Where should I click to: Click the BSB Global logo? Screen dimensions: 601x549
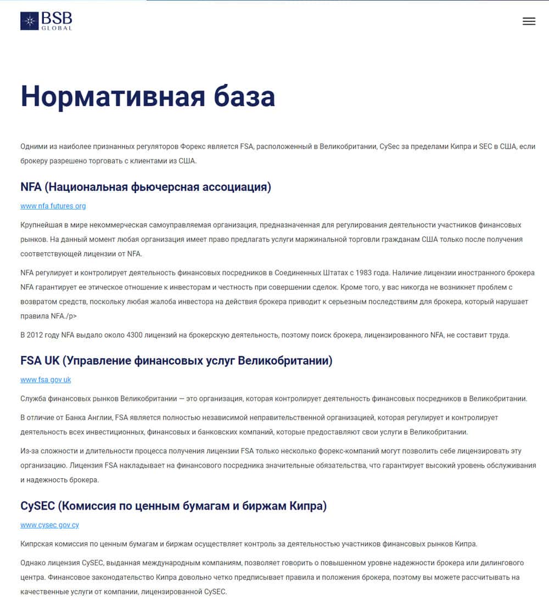46,21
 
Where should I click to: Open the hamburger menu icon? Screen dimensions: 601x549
529,21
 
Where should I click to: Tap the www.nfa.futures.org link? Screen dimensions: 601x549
53,206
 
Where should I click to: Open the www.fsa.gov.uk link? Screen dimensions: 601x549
46,379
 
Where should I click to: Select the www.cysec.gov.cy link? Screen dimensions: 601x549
49,525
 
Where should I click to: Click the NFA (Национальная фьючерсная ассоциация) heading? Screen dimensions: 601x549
145,187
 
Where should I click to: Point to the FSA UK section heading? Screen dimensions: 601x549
176,360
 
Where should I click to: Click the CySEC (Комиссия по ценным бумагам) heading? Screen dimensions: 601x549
173,506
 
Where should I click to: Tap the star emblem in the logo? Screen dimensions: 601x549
29,21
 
